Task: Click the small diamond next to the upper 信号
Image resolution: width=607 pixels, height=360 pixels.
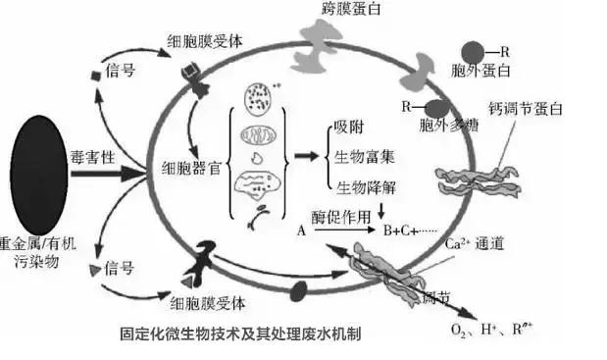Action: (95, 76)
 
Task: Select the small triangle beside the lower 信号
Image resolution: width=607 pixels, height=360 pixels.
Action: (94, 268)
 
